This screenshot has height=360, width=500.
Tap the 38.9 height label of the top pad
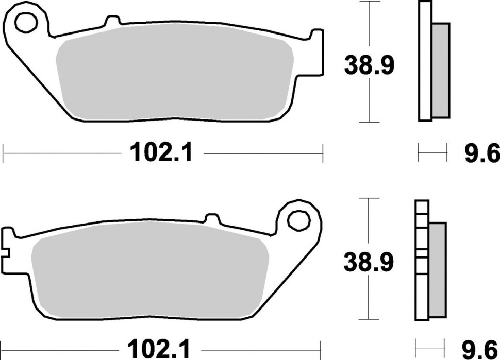pyautogui.click(x=369, y=65)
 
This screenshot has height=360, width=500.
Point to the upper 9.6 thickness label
pyautogui.click(x=481, y=153)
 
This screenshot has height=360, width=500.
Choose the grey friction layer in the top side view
pyautogui.click(x=441, y=70)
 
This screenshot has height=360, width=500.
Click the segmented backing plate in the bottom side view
pyautogui.click(x=421, y=260)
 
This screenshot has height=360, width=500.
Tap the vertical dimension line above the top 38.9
pyautogui.click(x=369, y=26)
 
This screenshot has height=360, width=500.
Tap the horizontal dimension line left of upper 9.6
pyautogui.click(x=431, y=153)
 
